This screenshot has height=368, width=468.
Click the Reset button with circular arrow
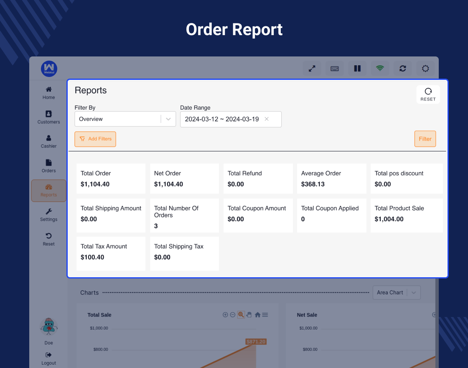[x=428, y=95]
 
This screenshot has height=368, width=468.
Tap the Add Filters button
[x=95, y=139]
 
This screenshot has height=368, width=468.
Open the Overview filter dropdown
[x=125, y=119]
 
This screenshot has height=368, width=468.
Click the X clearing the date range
[x=267, y=119]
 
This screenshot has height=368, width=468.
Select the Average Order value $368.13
[x=313, y=184]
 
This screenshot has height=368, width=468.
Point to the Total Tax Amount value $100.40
[x=92, y=257]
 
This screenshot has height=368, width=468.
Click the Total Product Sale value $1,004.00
[x=389, y=219]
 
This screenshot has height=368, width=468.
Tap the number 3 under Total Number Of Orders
[x=156, y=226]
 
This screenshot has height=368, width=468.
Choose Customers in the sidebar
[x=48, y=117]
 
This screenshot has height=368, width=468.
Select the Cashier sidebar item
[x=48, y=141]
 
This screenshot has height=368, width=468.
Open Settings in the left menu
[x=48, y=215]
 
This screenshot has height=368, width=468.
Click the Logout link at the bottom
[x=48, y=359]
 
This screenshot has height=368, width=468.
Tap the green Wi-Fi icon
[x=380, y=68]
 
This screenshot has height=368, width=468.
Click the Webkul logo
[x=49, y=69]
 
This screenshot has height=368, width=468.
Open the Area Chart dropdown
[x=396, y=293]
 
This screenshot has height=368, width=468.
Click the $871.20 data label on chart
[x=256, y=342]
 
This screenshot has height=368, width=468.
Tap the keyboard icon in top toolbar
[x=334, y=68]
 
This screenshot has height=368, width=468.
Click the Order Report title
[x=234, y=30]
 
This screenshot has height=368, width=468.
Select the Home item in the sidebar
[x=48, y=93]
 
